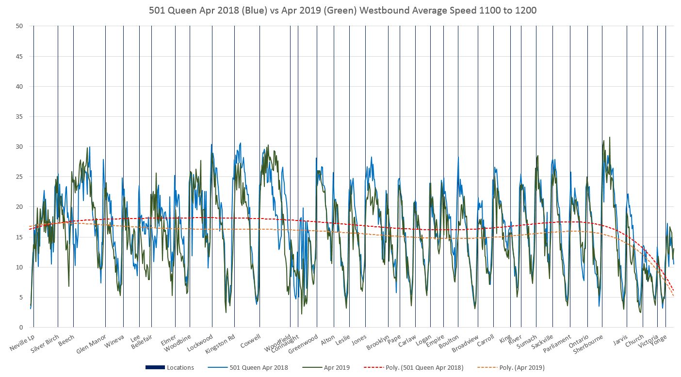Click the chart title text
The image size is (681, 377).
(x=340, y=10)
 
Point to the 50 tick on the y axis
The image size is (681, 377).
(x=19, y=26)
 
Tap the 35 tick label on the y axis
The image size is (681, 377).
(x=19, y=117)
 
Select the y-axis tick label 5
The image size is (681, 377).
(x=21, y=298)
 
